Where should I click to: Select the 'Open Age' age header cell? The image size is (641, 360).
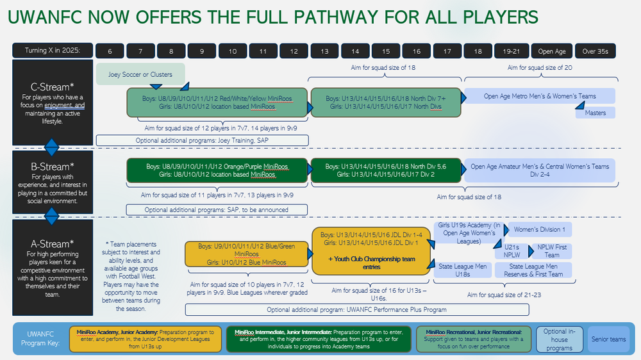coord(552,51)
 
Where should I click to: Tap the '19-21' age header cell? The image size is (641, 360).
coord(512,51)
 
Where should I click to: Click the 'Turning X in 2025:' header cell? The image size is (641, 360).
coord(53,51)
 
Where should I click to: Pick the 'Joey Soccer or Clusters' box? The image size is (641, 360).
coord(140,74)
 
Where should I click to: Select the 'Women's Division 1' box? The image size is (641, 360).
coord(539,230)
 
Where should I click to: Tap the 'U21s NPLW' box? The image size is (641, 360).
coord(512,250)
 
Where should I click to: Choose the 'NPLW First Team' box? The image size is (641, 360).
coord(552,250)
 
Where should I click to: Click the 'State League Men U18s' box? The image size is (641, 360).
coord(463,270)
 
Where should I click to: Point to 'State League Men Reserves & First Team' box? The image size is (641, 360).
coord(533,270)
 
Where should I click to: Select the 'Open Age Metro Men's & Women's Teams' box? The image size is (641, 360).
coord(539,96)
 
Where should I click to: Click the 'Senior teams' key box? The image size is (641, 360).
coord(608,339)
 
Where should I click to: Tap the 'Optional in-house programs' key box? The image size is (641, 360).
coord(560,340)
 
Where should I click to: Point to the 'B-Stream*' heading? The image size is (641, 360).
coord(53,167)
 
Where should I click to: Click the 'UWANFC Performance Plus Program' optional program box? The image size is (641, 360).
coord(357,309)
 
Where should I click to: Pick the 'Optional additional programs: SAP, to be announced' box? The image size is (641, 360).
coord(217,209)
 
